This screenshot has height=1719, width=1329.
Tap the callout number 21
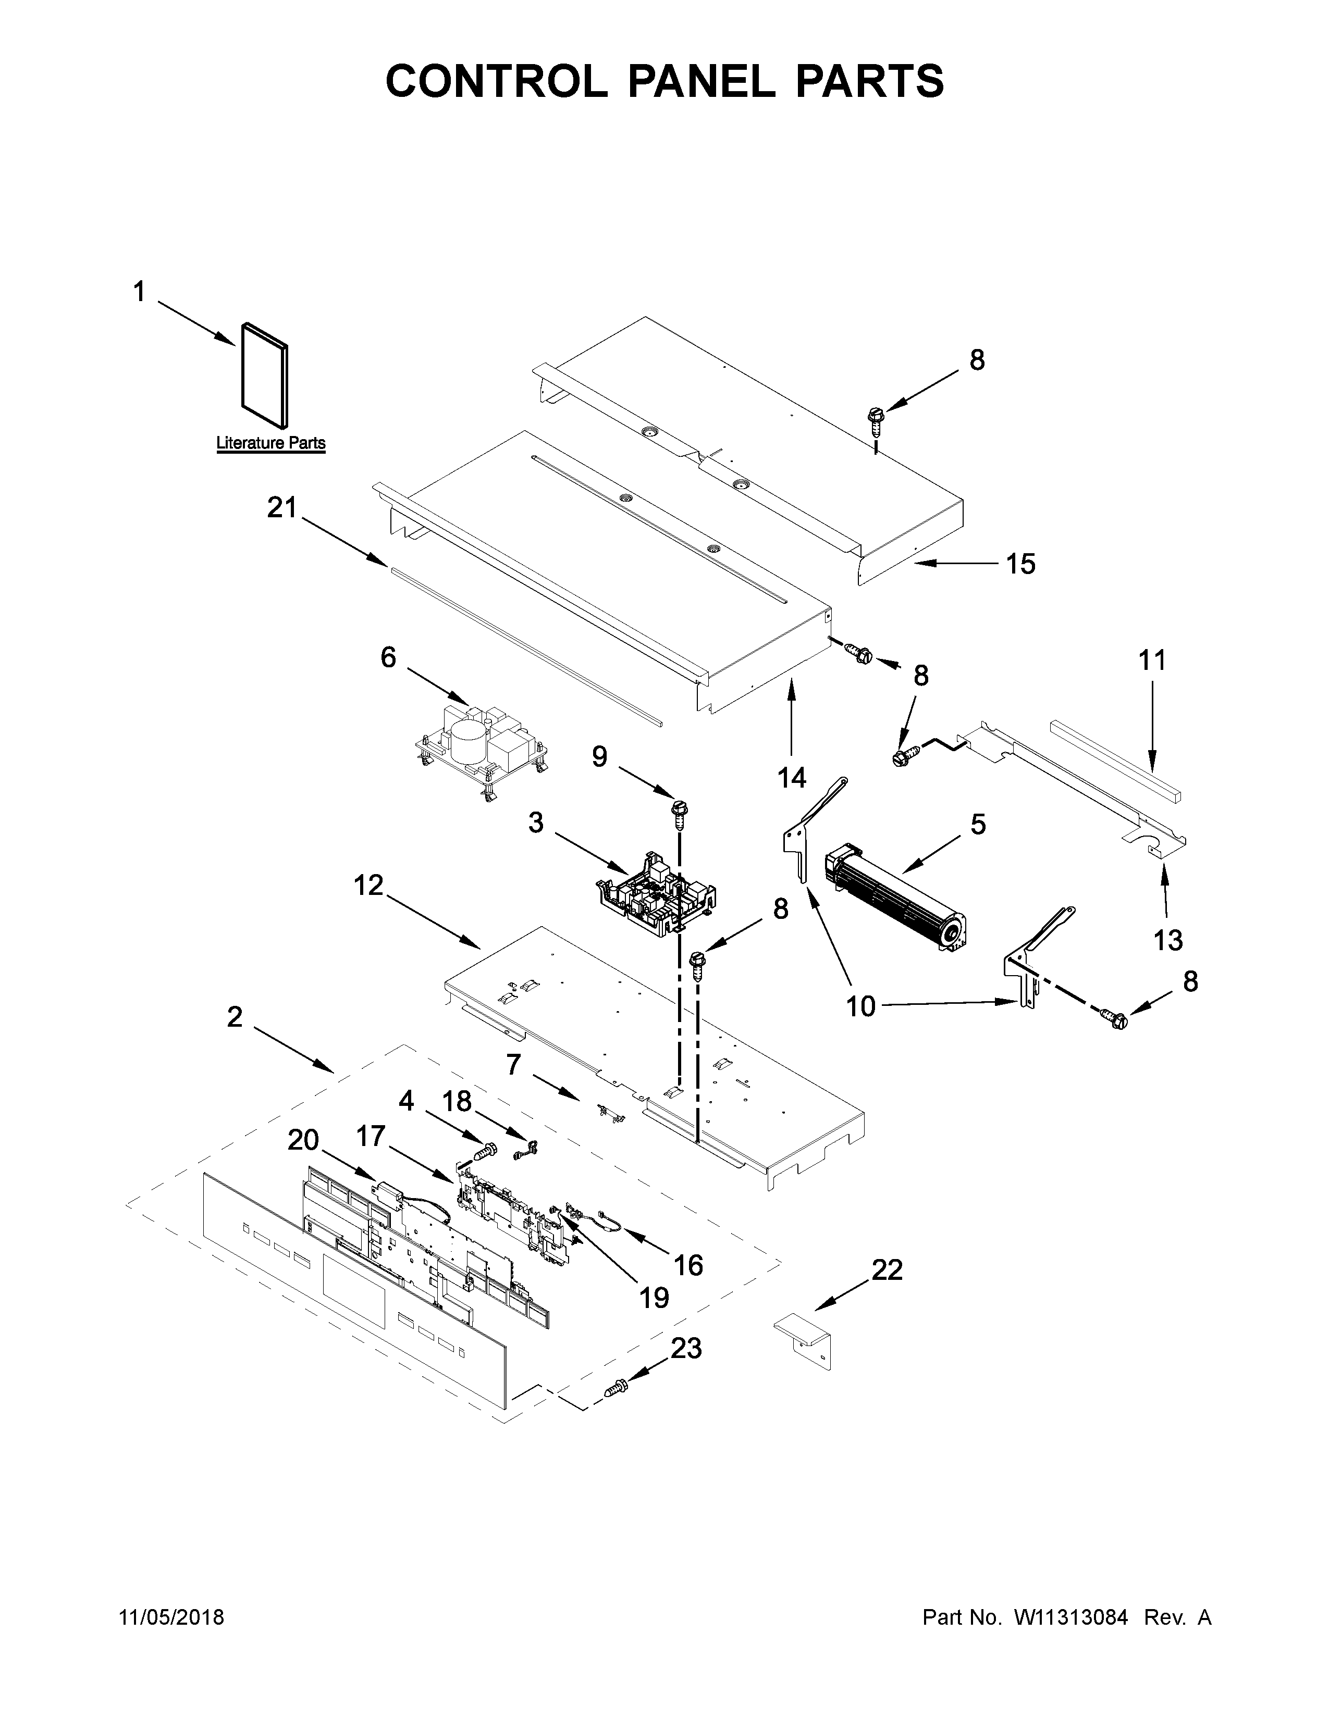click(x=282, y=508)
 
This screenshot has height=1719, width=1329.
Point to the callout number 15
click(x=1021, y=564)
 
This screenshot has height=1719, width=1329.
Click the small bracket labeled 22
click(x=804, y=1340)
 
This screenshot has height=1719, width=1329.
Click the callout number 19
click(x=654, y=1297)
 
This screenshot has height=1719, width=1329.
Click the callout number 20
click(x=303, y=1140)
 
